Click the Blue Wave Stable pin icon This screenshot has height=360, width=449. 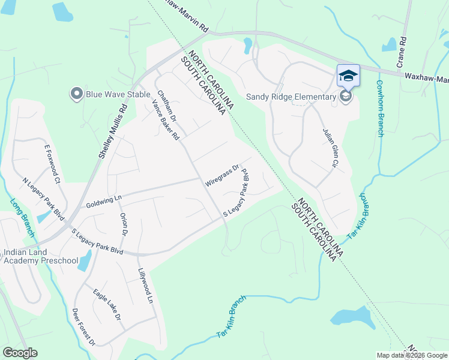pos(76,93)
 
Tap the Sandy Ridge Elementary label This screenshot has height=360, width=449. pos(291,97)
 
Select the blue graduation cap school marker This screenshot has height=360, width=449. pos(348,76)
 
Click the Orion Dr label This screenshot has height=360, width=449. pos(124,223)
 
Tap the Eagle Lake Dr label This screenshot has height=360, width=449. pos(107,304)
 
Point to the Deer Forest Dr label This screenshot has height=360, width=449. pos(83,327)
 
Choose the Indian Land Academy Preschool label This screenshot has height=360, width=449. pos(41,256)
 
